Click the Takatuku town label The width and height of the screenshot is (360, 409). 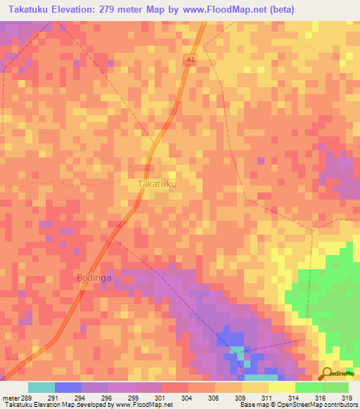coord(157,184)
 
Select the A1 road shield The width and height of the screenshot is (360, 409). coord(190,61)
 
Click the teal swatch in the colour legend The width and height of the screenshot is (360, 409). coord(41,387)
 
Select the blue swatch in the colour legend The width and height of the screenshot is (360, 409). coord(67,387)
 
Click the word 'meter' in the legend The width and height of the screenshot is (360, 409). coord(11,398)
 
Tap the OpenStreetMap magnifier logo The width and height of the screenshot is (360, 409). coord(327,372)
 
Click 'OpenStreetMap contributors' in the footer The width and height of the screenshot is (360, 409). coord(321,405)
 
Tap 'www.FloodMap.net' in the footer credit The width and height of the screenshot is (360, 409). coord(145,405)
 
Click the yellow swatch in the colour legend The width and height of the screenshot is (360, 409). coord(255,387)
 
